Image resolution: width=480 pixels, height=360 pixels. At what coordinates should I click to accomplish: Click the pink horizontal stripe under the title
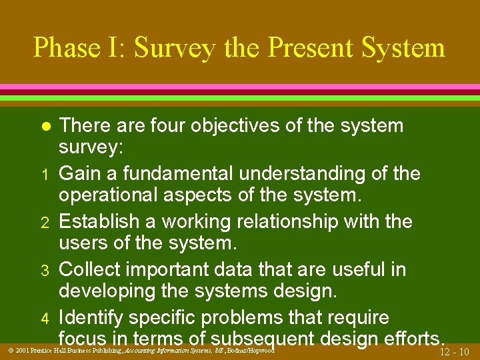[x=240, y=87]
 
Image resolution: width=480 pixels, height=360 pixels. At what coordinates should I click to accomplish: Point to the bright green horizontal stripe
[x=240, y=98]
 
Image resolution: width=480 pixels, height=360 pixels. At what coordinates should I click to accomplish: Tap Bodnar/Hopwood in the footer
[x=251, y=350]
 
